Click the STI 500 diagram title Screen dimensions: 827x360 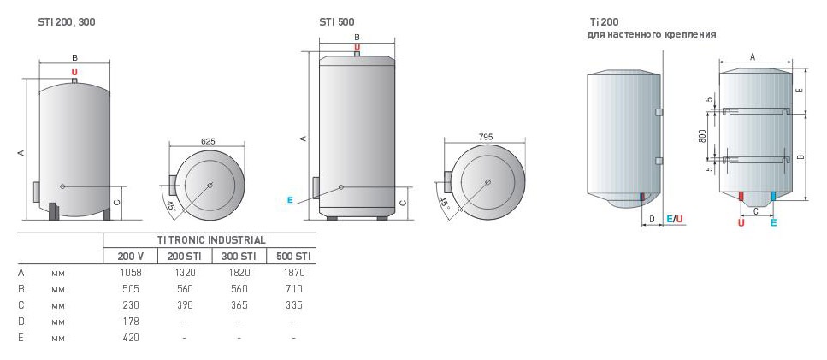coord(336,22)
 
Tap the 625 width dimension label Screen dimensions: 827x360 coord(209,141)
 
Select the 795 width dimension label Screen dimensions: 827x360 coord(485,137)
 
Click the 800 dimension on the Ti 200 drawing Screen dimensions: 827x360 coord(702,137)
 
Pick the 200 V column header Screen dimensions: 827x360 coord(130,257)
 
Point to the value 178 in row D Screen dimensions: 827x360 coord(130,321)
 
